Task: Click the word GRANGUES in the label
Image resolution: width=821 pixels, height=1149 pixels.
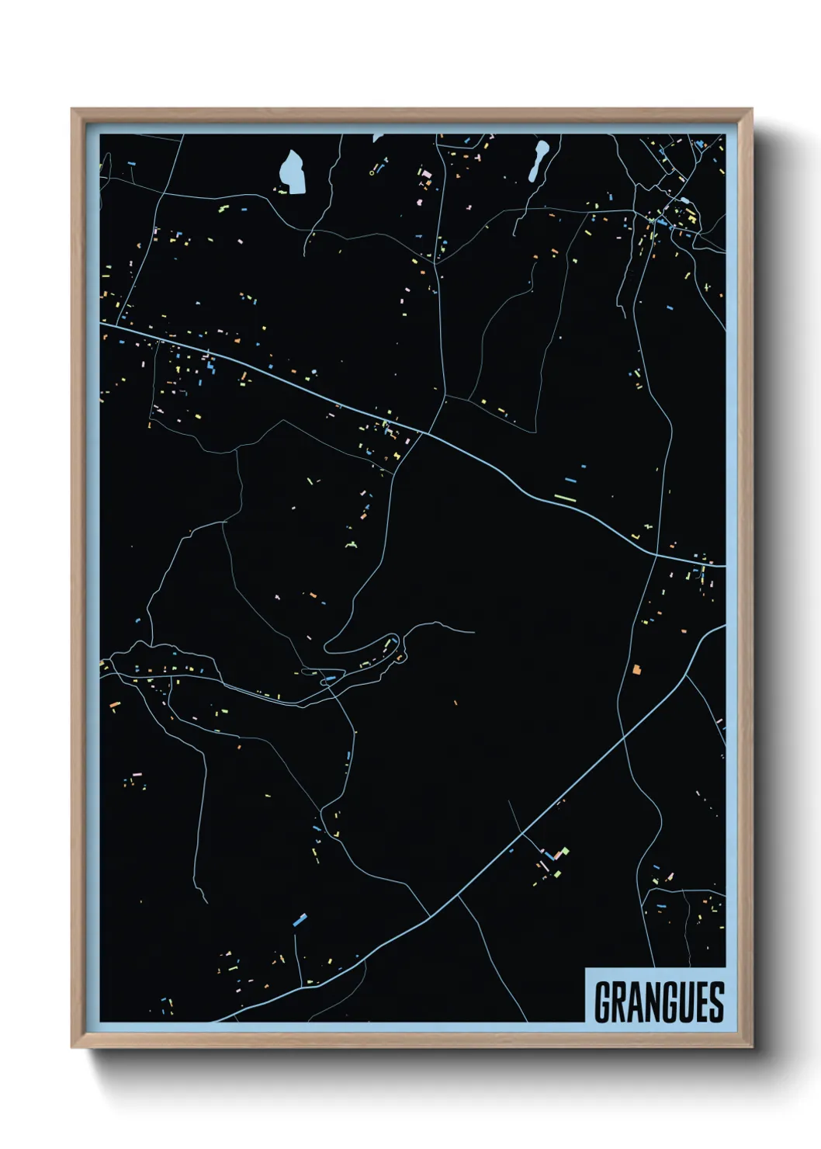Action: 659,1001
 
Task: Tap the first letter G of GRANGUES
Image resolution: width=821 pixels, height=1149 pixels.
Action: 602,1001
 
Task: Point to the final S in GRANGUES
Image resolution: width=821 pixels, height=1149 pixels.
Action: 716,1001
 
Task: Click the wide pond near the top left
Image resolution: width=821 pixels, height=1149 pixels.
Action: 293,172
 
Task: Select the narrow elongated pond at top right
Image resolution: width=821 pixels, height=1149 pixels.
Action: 538,160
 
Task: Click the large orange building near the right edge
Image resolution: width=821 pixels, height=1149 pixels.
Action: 637,668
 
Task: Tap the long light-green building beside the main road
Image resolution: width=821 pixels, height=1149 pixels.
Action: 565,498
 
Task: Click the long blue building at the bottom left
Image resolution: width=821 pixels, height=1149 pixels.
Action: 300,920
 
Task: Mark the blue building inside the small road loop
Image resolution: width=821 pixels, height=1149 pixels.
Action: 330,679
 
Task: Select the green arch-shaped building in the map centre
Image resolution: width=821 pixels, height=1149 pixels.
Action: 352,546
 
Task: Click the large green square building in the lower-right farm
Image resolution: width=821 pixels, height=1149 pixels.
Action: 564,852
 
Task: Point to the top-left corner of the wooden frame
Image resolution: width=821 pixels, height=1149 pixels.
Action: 72,110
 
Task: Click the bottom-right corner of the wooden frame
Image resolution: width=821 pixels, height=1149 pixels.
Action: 751,1047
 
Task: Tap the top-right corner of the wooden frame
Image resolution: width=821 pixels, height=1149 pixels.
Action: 751,110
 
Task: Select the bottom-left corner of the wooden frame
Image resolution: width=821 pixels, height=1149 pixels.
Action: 72,1047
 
